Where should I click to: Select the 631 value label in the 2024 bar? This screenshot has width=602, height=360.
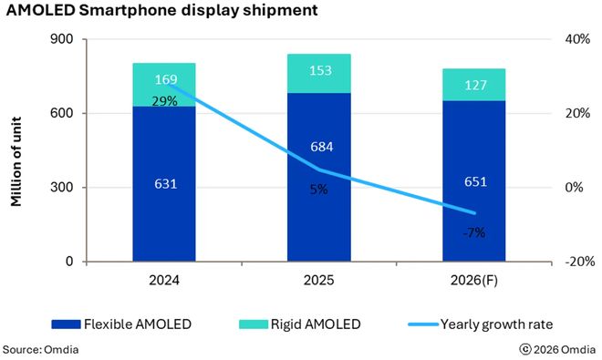click(x=164, y=184)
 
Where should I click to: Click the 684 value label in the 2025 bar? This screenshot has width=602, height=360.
click(x=318, y=173)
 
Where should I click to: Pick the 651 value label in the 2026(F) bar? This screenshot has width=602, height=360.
click(x=473, y=181)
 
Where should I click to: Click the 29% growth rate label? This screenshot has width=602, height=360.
click(x=164, y=100)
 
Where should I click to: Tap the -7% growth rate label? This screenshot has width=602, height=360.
click(x=473, y=232)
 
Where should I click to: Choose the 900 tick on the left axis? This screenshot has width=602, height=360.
click(x=64, y=39)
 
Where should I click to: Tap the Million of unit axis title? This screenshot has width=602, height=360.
click(x=17, y=151)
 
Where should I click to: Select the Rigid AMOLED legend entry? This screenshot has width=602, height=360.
click(x=301, y=324)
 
